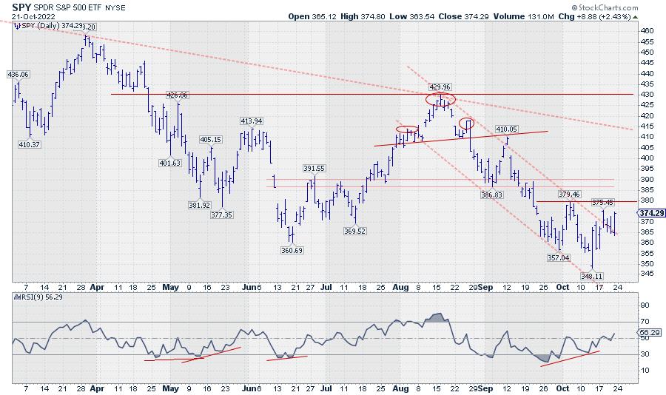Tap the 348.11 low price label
tap(593, 276)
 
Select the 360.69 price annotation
tap(295, 250)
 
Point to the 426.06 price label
tap(178, 95)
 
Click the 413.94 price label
tap(252, 121)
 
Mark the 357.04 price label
tap(557, 257)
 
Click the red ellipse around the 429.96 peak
tap(441, 99)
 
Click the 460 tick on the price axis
tap(647, 31)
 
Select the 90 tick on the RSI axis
tap(645, 305)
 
